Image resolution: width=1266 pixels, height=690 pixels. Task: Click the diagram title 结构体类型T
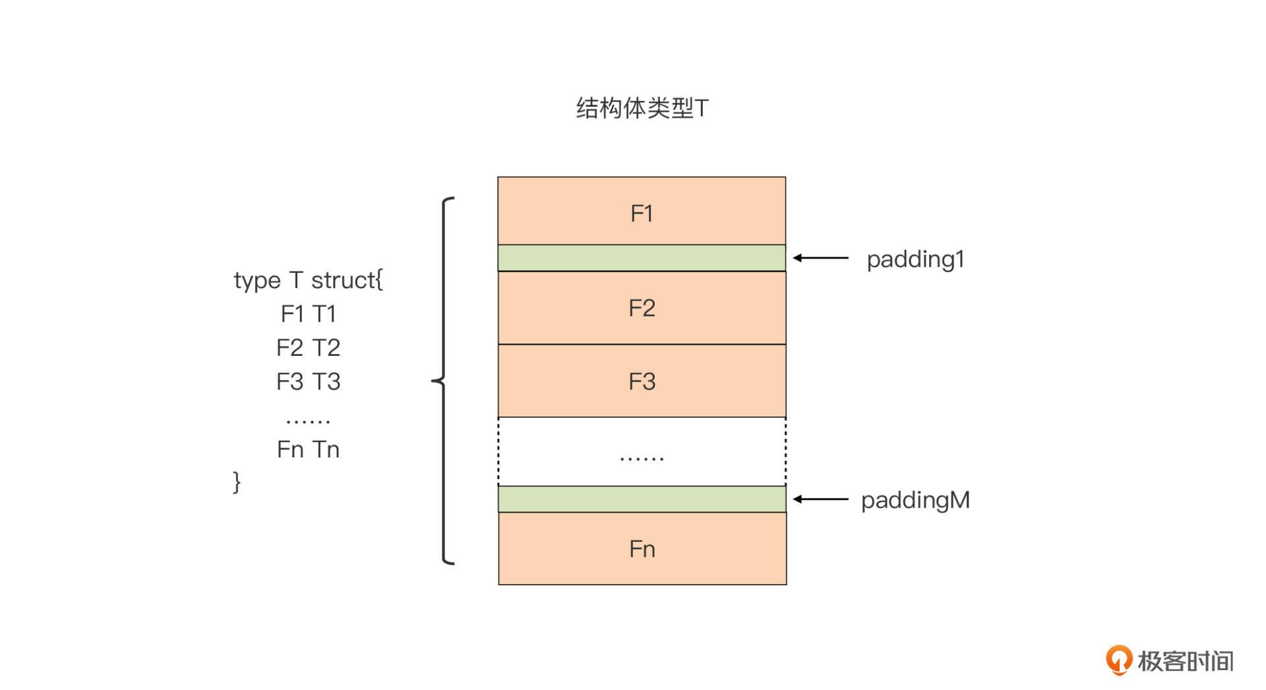pos(642,108)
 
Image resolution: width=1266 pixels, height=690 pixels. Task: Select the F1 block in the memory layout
pos(642,212)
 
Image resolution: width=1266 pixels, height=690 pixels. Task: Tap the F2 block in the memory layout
pos(642,308)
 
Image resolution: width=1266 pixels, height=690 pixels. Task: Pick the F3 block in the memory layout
pos(642,381)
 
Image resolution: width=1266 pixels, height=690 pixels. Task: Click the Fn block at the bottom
pos(642,549)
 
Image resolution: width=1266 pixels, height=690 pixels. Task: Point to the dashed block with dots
pos(642,452)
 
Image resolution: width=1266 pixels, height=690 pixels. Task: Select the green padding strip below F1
pos(642,258)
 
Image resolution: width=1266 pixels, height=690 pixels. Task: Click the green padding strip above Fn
pos(642,499)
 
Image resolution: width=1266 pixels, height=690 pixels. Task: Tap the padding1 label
pos(915,259)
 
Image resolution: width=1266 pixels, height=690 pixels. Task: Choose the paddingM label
pos(915,500)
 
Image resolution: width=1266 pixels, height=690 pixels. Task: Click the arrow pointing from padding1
pos(821,258)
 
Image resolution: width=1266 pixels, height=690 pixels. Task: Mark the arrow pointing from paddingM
pos(821,499)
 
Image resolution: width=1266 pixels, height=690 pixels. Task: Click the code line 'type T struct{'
pos(308,281)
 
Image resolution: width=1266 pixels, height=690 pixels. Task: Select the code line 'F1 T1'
pos(308,314)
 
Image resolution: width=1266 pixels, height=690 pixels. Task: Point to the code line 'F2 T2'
pos(308,347)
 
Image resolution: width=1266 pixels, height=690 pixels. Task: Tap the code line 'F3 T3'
pos(308,382)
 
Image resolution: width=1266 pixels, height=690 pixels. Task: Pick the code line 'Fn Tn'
pos(308,449)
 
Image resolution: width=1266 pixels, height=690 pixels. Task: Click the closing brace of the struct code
pos(237,482)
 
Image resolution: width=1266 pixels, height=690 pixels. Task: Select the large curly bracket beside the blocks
pos(444,380)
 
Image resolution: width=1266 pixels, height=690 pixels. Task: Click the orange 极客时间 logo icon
pos(1118,660)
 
